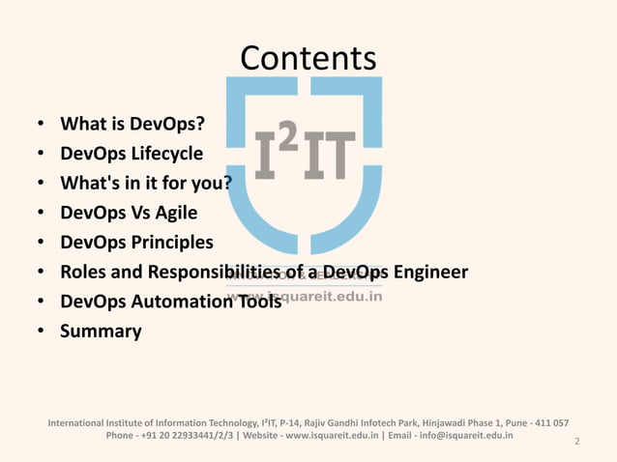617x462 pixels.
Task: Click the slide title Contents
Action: (x=308, y=59)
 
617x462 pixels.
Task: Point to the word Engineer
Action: (x=425, y=272)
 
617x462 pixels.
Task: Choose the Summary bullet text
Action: (x=101, y=332)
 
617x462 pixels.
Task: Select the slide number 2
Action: (x=576, y=442)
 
